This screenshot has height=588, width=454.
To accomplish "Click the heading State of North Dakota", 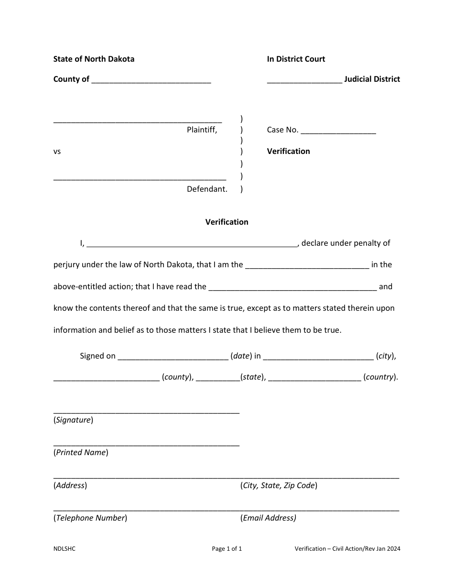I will (x=94, y=59).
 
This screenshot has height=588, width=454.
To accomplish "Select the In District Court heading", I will (x=296, y=59).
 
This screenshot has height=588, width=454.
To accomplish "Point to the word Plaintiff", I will (x=202, y=130).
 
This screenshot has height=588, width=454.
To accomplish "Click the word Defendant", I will (x=207, y=189).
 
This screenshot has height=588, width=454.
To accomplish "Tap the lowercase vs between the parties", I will (x=57, y=152).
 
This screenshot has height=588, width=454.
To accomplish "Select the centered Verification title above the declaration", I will (x=227, y=222).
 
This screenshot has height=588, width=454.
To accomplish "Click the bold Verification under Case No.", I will (x=288, y=152).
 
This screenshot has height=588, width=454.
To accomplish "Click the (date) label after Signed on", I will (x=241, y=356).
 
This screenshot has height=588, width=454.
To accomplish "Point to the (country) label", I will (x=380, y=377).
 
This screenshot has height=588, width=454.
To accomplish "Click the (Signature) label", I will (x=73, y=420).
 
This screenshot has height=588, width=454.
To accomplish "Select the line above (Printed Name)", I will (x=146, y=445).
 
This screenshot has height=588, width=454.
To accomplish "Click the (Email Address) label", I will (x=268, y=518).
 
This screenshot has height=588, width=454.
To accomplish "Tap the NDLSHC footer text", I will (x=65, y=549).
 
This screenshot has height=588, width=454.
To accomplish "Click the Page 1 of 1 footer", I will (x=227, y=549).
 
